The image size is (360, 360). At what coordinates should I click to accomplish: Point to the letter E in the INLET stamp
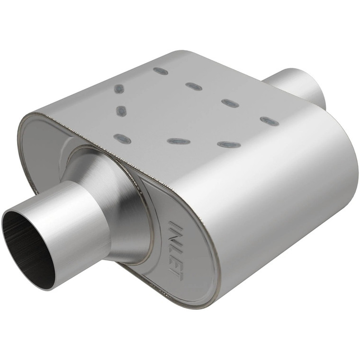pos(176,262)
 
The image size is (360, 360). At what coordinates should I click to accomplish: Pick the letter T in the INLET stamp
pos(177,274)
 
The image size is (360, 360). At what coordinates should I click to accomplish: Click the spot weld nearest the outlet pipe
pos(269,121)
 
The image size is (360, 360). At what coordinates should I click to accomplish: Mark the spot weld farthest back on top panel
pos(161,71)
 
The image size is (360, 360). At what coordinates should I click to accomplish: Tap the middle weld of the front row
pos(179,141)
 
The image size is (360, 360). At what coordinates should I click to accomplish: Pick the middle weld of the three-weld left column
pos(121,111)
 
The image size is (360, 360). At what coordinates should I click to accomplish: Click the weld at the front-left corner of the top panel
pos(122,138)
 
